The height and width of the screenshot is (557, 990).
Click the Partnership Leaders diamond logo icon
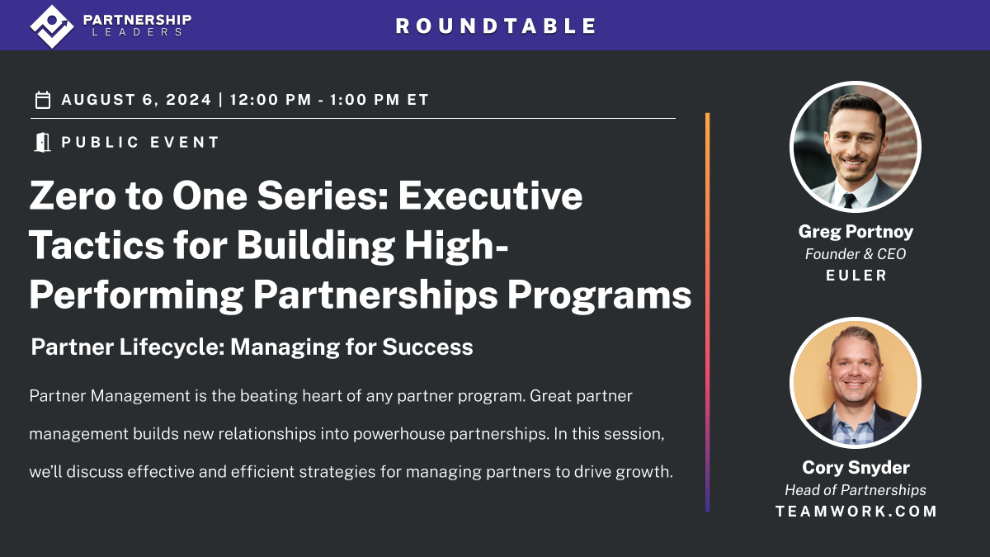(x=52, y=26)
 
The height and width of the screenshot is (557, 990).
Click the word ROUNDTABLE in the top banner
(x=496, y=26)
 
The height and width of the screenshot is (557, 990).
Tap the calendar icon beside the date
(x=43, y=101)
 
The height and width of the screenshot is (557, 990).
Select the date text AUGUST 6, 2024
(x=136, y=101)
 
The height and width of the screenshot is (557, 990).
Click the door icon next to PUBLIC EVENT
(x=42, y=142)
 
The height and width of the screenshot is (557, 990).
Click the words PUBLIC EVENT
(x=141, y=142)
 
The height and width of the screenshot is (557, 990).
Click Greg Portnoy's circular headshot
(x=855, y=147)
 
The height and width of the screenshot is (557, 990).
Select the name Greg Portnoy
(x=855, y=232)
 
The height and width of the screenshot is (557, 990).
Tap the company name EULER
(x=856, y=276)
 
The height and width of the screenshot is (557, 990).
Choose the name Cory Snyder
(x=855, y=467)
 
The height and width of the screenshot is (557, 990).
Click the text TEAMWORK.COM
(x=856, y=512)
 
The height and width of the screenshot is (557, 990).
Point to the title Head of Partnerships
(x=855, y=490)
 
